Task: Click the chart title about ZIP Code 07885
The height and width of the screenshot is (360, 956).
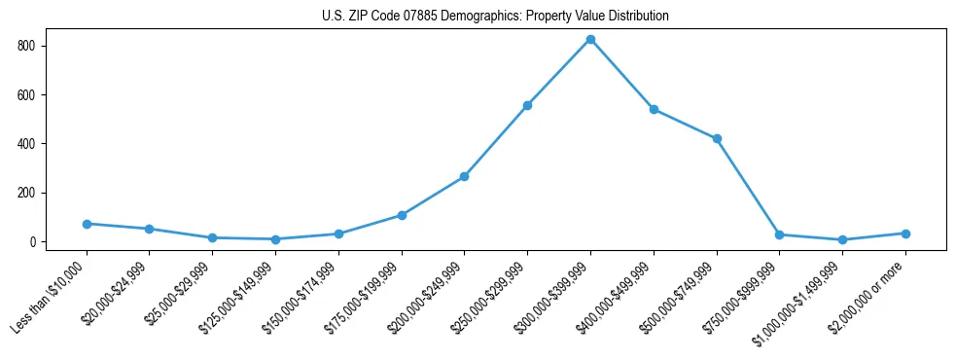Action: click(495, 17)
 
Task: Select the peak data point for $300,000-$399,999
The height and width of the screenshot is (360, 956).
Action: click(590, 39)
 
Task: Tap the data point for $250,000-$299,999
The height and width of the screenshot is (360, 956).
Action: click(527, 105)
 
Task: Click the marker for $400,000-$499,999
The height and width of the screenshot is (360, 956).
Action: click(654, 109)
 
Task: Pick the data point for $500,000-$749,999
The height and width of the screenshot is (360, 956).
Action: click(717, 139)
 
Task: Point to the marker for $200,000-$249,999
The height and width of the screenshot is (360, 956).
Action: click(464, 176)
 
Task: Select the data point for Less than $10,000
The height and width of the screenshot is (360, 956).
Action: click(87, 224)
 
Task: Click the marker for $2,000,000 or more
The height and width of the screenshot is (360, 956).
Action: click(905, 234)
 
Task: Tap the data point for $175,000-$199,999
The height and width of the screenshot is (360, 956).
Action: click(402, 215)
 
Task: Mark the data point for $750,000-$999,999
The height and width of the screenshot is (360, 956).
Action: click(779, 234)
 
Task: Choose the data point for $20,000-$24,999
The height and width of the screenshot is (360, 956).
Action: click(149, 229)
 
